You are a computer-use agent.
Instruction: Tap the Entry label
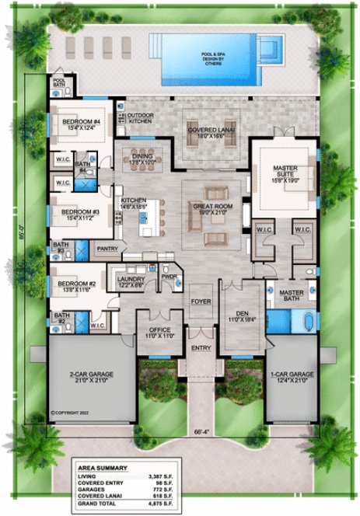coord(201,349)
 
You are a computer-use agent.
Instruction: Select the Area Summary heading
coord(103,467)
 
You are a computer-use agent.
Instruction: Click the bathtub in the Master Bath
coord(305,321)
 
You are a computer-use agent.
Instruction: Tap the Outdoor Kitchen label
coord(140,119)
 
